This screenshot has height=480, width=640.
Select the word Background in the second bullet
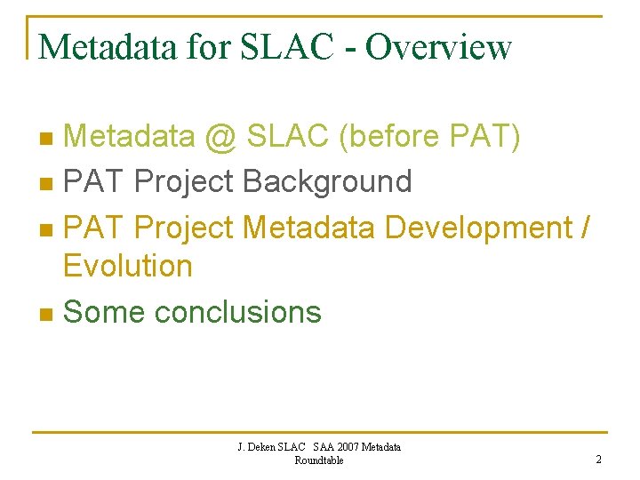326,182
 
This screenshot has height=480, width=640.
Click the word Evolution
128,266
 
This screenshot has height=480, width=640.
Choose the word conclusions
237,312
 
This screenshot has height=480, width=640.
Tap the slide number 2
598,459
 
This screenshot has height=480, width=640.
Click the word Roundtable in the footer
318,460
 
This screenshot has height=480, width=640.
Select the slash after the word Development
583,228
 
